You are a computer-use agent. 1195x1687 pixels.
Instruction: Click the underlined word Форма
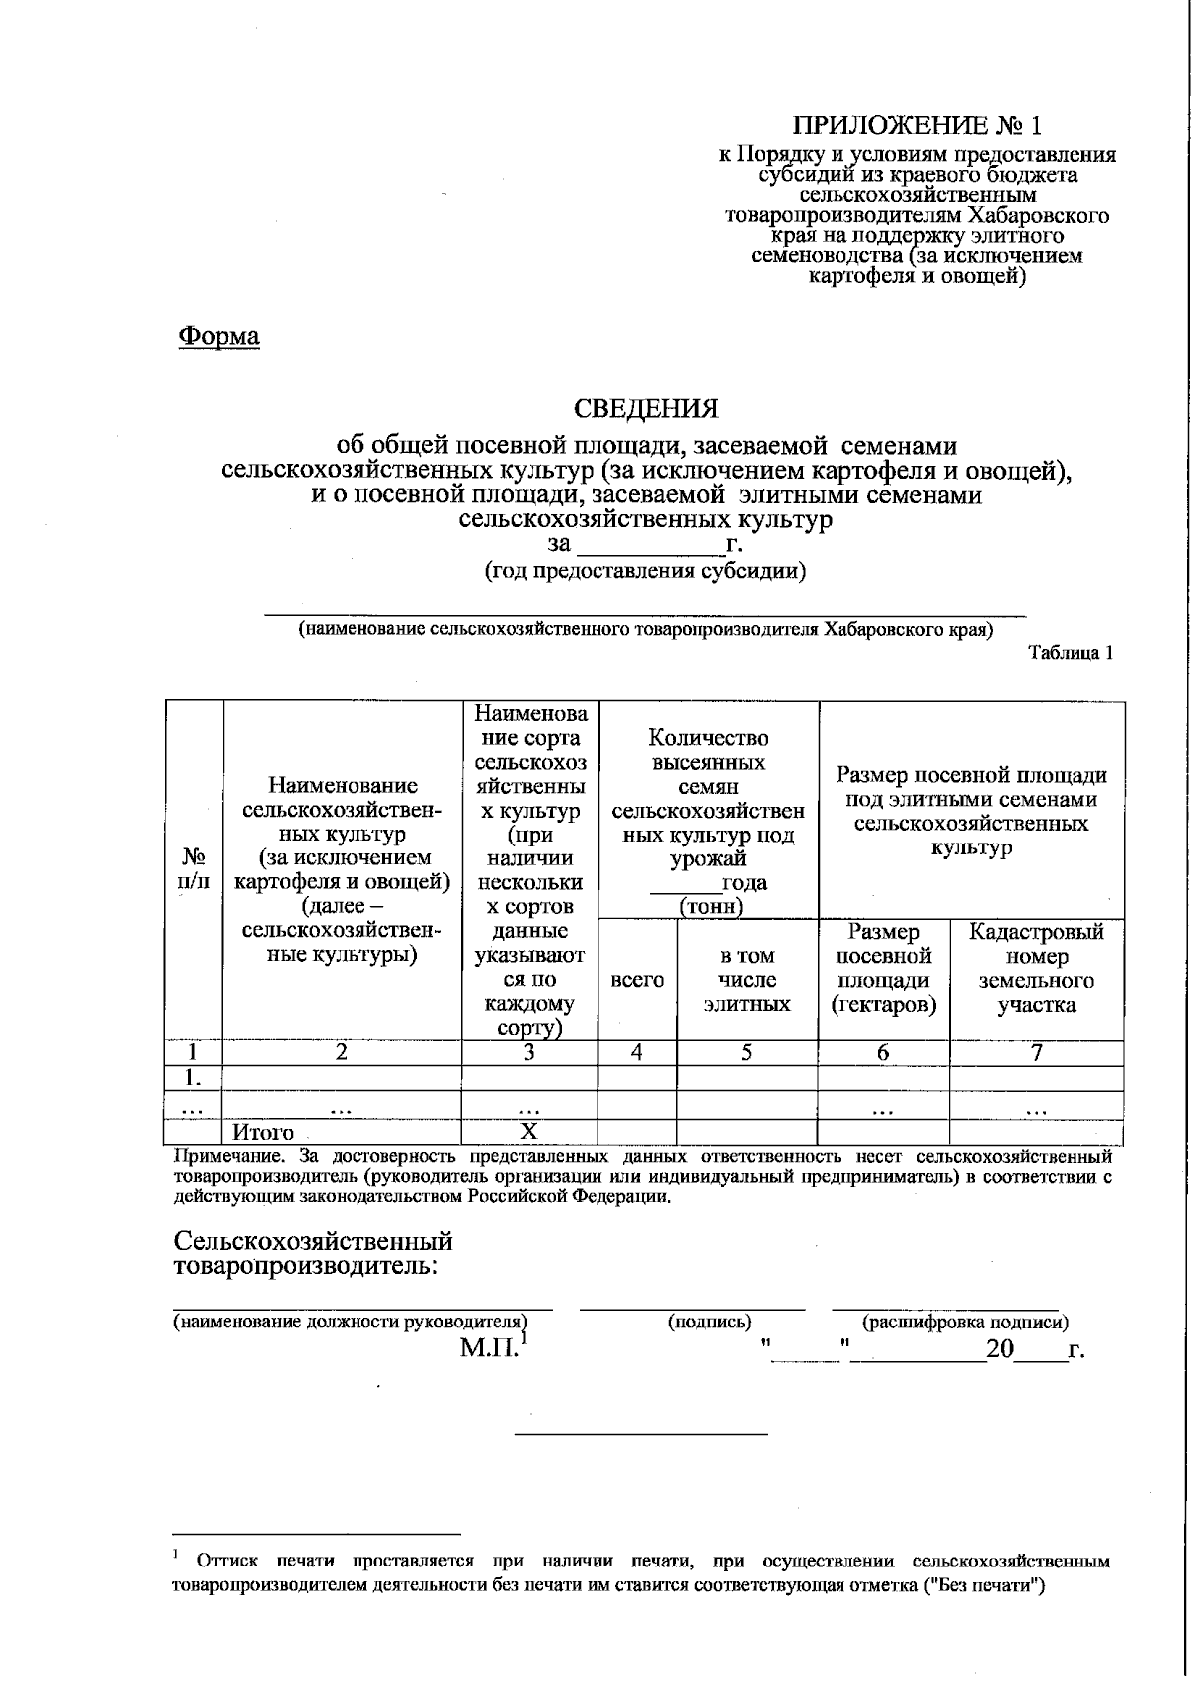[219, 336]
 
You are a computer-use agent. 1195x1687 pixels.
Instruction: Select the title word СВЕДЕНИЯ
[645, 409]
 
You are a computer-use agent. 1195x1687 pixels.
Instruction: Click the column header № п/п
[194, 868]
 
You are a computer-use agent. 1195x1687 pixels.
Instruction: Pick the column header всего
[637, 979]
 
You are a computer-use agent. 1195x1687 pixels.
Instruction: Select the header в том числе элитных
[747, 979]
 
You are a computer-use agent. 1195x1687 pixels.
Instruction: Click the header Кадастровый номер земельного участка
[1037, 967]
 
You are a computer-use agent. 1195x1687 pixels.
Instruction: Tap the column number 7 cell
[1037, 1052]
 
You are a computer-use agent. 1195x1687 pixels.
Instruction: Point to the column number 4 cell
[637, 1052]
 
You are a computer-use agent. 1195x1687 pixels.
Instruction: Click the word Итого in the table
[263, 1132]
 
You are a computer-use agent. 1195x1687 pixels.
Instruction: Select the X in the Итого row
[530, 1131]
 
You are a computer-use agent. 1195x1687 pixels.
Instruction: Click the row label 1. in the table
[193, 1078]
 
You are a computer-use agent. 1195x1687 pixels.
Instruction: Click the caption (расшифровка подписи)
[964, 1322]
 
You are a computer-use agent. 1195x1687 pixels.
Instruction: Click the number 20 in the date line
[999, 1350]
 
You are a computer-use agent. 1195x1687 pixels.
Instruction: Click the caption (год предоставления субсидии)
[645, 571]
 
